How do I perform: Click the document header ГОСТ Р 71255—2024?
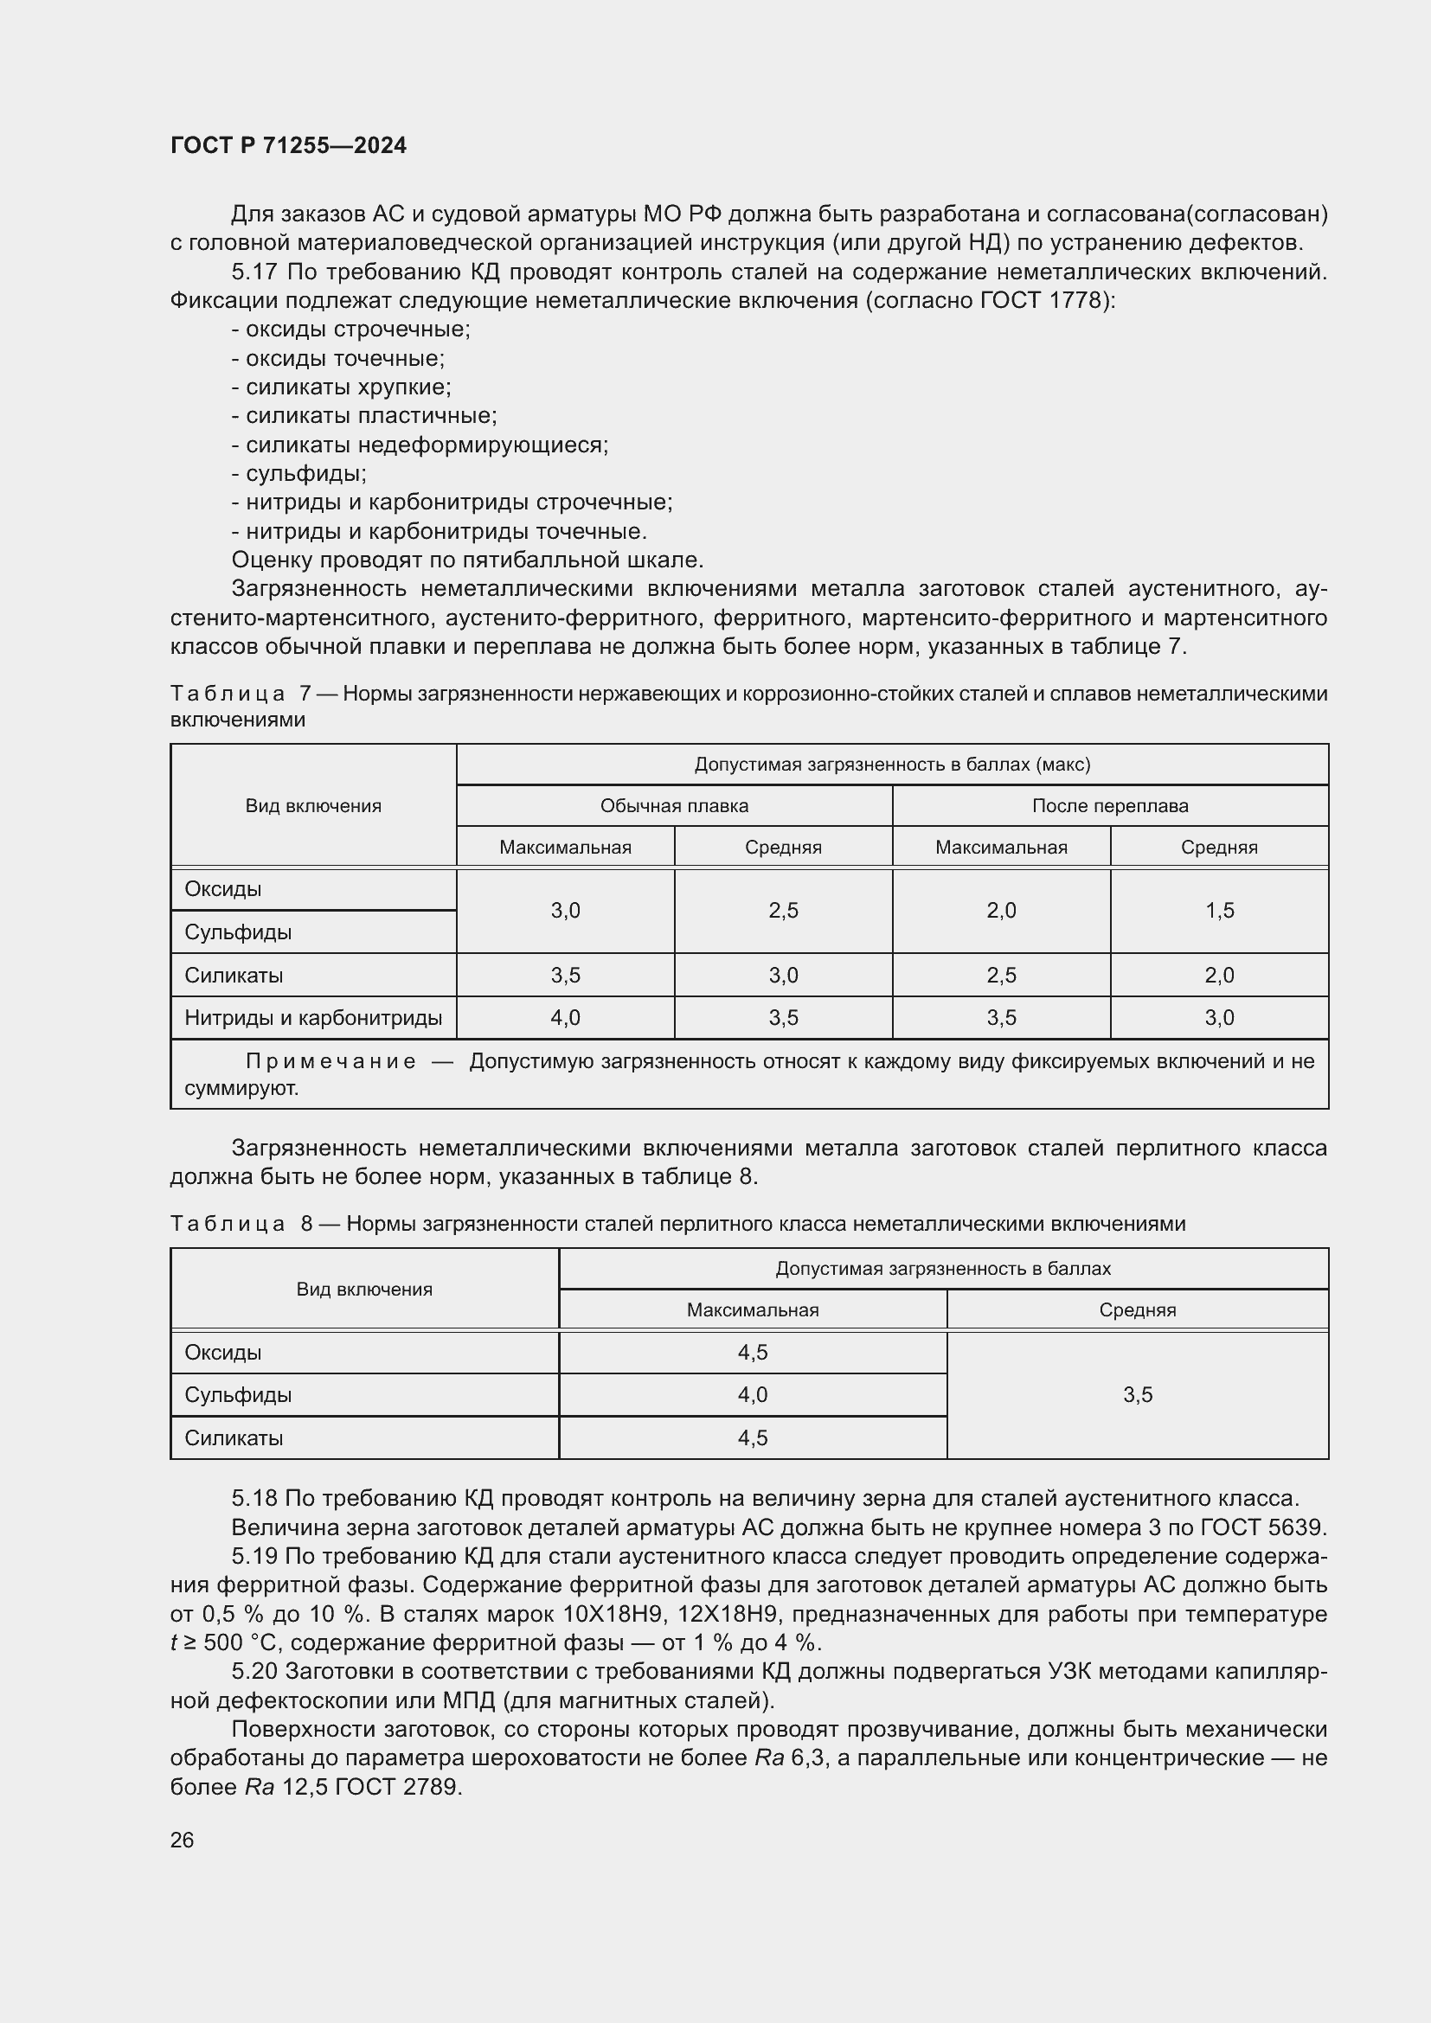pyautogui.click(x=288, y=145)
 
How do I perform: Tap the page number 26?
pyautogui.click(x=182, y=1840)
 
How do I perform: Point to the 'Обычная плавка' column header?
pyautogui.click(x=674, y=805)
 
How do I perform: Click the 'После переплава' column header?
pyautogui.click(x=1109, y=805)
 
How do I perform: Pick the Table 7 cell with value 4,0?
pyautogui.click(x=565, y=1018)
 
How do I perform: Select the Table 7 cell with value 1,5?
pyautogui.click(x=1219, y=910)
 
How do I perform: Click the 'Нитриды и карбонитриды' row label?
pyautogui.click(x=313, y=1018)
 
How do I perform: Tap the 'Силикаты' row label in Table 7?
pyautogui.click(x=234, y=976)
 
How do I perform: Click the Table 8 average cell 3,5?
pyautogui.click(x=1137, y=1395)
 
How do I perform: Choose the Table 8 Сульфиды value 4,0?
pyautogui.click(x=753, y=1395)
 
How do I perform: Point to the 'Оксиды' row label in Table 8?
pyautogui.click(x=223, y=1353)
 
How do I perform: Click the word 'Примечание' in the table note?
pyautogui.click(x=330, y=1062)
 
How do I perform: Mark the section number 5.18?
pyautogui.click(x=254, y=1499)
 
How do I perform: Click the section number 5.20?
pyautogui.click(x=254, y=1672)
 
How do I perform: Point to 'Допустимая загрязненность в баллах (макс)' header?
pyautogui.click(x=892, y=764)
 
